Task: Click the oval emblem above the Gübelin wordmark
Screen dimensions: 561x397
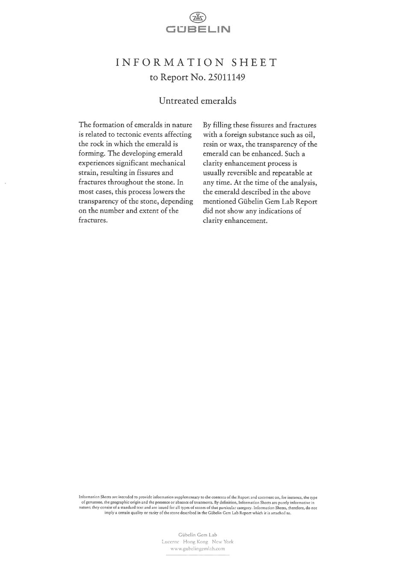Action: [x=198, y=17]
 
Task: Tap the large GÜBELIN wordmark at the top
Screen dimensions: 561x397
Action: [x=198, y=30]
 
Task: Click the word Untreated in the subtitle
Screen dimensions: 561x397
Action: [x=178, y=101]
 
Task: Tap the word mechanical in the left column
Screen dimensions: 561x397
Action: [x=166, y=163]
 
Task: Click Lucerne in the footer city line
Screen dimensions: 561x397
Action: [x=171, y=542]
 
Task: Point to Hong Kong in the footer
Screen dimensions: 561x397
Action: [x=196, y=542]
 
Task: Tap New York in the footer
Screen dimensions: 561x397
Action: [x=222, y=542]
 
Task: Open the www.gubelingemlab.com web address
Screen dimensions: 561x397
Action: [x=197, y=549]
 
